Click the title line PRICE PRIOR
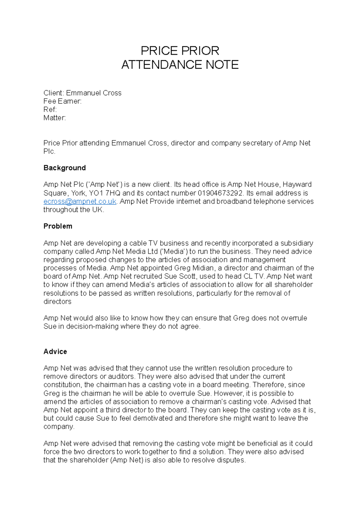tap(180, 51)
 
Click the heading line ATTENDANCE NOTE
tap(180, 65)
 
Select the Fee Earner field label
tap(62, 101)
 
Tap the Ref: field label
tap(50, 109)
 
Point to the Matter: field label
tap(55, 118)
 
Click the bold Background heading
tap(64, 168)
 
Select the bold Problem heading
tap(58, 226)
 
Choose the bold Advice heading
tap(55, 352)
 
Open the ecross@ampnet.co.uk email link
tap(80, 201)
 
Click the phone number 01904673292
tap(220, 193)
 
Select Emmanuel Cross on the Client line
tap(94, 93)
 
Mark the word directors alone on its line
tap(57, 302)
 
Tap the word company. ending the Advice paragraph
tap(59, 427)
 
